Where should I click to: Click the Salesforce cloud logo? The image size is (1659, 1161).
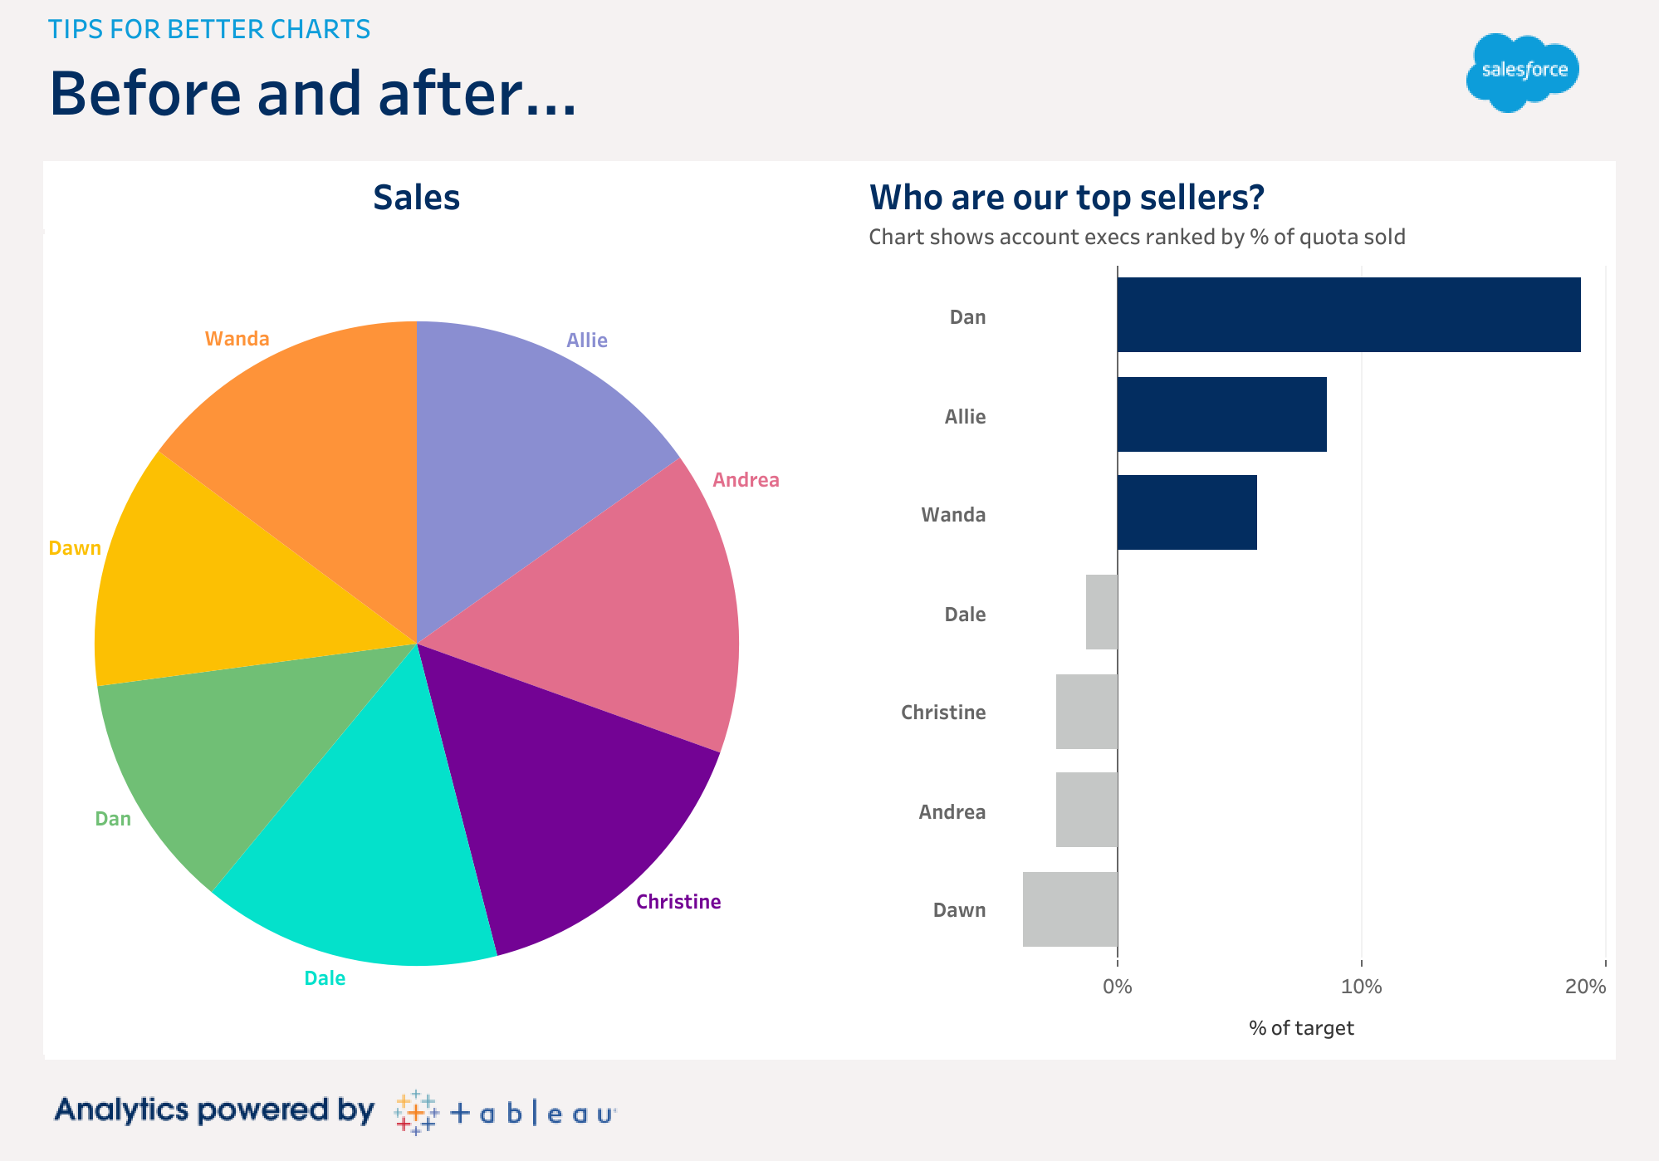tap(1522, 72)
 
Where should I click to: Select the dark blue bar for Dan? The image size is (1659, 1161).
tap(1348, 315)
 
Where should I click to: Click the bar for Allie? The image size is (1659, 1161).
tap(1221, 414)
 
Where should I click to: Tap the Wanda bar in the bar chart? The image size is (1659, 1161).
tap(1187, 512)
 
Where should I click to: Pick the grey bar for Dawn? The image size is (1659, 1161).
tap(1069, 909)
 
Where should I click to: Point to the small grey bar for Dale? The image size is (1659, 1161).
tap(1101, 612)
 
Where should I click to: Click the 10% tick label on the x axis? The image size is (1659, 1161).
tap(1362, 987)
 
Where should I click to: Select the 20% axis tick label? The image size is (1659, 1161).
tap(1585, 987)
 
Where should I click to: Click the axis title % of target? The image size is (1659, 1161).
tap(1301, 1028)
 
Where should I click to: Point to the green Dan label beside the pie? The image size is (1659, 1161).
tap(113, 819)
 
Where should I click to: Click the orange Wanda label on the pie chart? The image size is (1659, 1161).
tap(237, 339)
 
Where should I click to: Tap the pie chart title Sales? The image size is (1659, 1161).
tap(416, 198)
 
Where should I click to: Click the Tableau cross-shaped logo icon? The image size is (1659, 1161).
tap(416, 1113)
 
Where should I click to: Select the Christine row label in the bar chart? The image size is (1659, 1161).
tap(943, 713)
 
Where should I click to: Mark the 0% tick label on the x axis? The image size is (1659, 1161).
tap(1118, 987)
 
